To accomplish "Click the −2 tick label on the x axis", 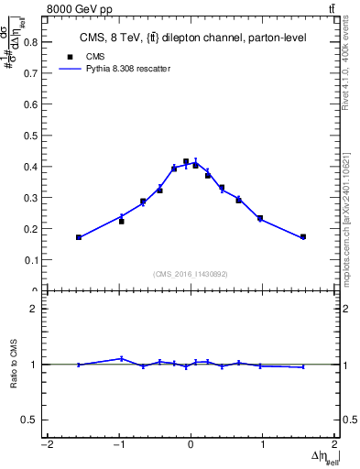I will tap(47, 446).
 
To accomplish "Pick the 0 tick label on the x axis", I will tap(191, 446).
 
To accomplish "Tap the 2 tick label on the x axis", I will tap(334, 446).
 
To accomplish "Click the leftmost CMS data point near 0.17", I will tap(79, 237).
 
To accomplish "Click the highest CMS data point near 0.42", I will tap(186, 161).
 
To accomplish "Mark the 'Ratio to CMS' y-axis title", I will tap(15, 378).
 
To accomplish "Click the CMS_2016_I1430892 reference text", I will tap(191, 273).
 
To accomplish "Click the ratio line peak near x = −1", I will tap(121, 358).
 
